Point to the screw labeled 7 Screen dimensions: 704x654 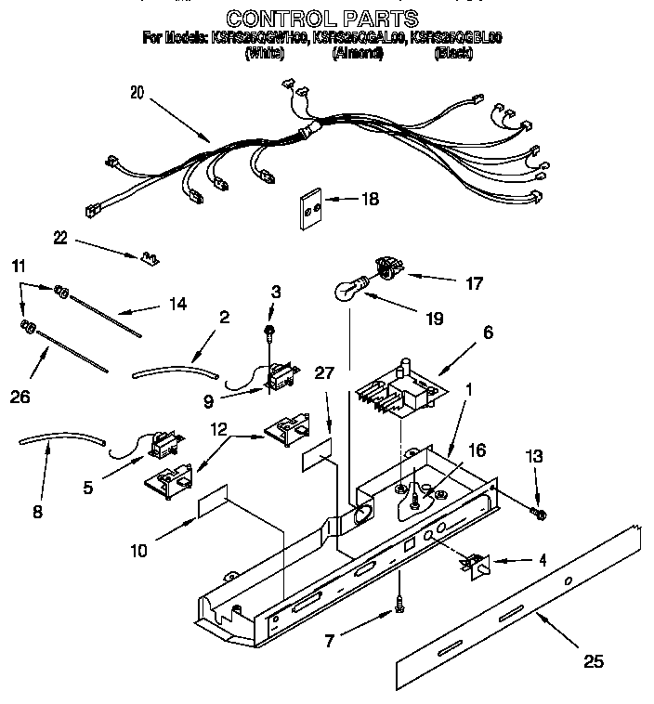click(x=399, y=601)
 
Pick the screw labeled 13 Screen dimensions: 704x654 click(x=538, y=513)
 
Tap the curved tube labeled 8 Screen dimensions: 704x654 click(x=60, y=441)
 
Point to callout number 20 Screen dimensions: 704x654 click(x=137, y=92)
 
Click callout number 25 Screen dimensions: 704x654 click(x=593, y=661)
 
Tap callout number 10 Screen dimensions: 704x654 click(x=138, y=551)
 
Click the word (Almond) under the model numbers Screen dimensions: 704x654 click(x=358, y=54)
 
